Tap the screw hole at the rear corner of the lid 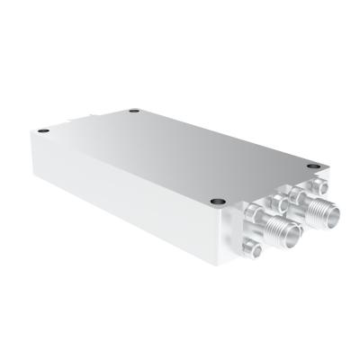pos(132,112)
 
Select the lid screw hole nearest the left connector pos(217,200)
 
